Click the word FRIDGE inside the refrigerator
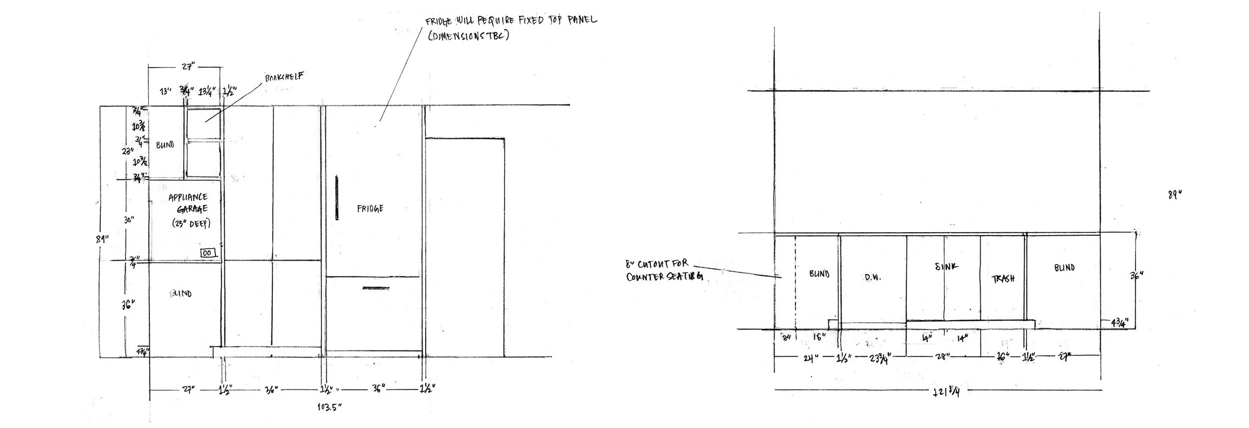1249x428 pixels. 370,208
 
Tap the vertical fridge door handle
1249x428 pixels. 337,197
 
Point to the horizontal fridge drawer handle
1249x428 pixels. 376,288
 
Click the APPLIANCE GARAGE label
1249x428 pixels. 188,203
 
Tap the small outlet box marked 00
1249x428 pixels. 208,253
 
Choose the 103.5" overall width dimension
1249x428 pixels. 329,407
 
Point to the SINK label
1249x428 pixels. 946,266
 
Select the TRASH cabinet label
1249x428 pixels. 1003,279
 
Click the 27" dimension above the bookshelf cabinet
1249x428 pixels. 187,66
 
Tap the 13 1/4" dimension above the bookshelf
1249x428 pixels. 207,91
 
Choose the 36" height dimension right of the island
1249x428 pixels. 1137,275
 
